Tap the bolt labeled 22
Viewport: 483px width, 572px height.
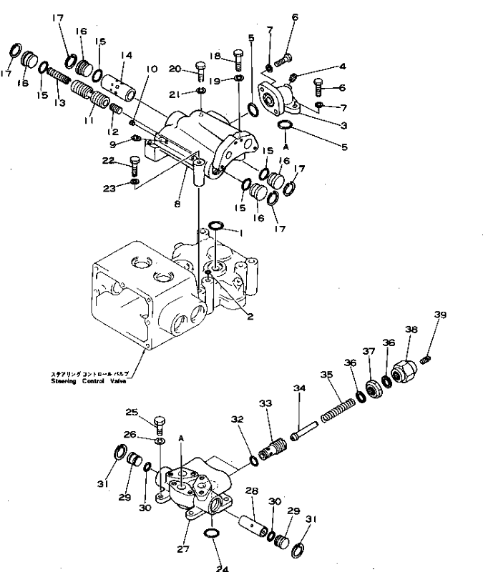(134, 168)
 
